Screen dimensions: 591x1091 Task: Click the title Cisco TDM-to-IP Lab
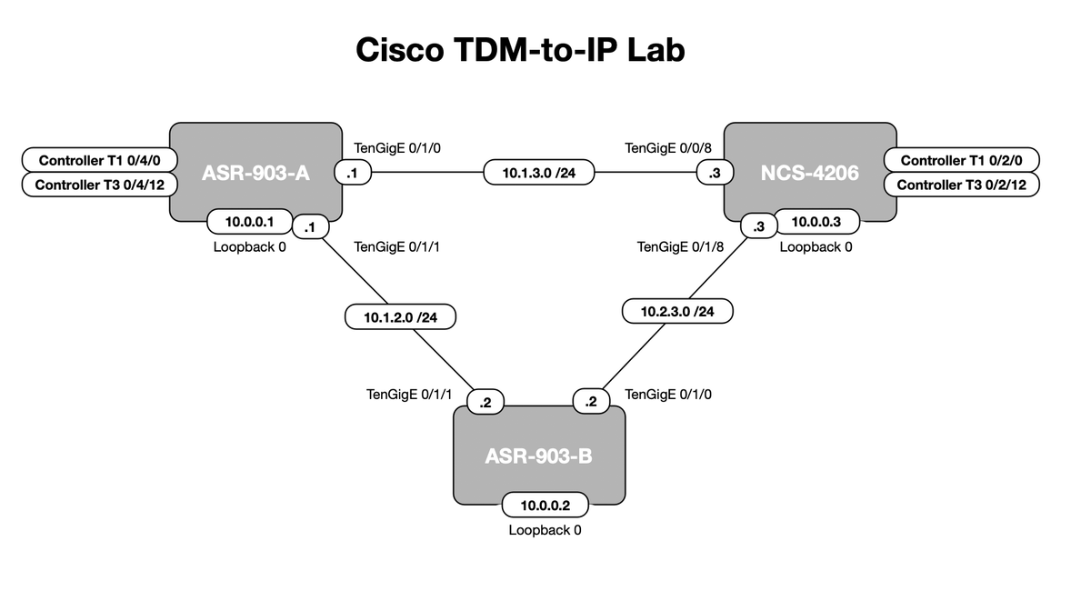coord(520,50)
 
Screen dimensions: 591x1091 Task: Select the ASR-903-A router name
coord(255,172)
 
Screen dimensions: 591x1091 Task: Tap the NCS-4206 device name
coord(809,172)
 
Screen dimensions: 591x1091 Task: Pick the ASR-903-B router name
coord(538,455)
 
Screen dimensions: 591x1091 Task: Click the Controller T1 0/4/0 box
coord(100,161)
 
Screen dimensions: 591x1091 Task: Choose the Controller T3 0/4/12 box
coord(100,185)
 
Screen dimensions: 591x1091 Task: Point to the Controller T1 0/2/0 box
coord(961,161)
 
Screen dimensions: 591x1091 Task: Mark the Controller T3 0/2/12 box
coord(961,185)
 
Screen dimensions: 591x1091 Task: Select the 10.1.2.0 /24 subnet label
coord(401,318)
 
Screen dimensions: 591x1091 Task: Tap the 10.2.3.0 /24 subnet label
coord(677,311)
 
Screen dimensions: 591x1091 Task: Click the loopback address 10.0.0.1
coord(251,221)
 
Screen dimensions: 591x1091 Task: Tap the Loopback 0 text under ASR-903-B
coord(545,530)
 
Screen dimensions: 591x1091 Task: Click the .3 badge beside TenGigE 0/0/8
coord(709,171)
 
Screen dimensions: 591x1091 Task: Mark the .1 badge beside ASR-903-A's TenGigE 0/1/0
coord(351,171)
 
